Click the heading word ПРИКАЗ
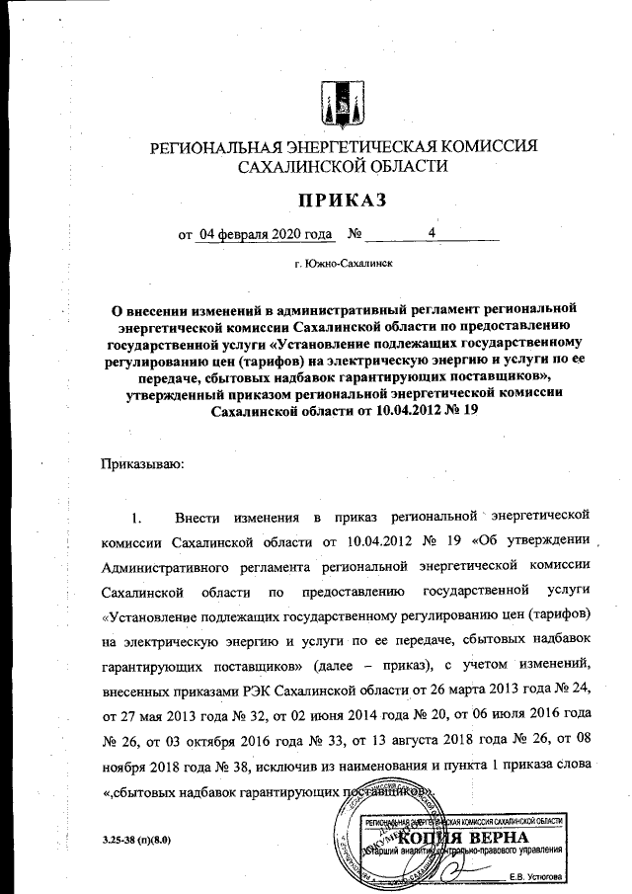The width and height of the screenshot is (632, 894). click(342, 202)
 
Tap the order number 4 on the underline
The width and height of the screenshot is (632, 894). click(432, 234)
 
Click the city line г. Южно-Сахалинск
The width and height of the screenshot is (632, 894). click(345, 266)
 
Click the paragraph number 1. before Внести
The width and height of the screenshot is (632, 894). click(137, 517)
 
